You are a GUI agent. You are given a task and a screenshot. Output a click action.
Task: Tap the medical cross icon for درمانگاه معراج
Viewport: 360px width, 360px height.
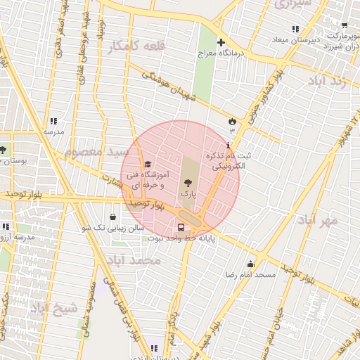[x=221, y=43]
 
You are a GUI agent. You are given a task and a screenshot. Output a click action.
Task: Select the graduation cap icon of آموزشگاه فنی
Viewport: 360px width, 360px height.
[x=147, y=165]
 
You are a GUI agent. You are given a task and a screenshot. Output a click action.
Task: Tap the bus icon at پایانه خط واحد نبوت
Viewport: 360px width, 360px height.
[x=181, y=228]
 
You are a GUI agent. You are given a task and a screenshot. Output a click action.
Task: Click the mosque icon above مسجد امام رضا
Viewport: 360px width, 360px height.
[x=250, y=264]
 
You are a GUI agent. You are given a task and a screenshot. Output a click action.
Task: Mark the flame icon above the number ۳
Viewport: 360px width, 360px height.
[x=231, y=121]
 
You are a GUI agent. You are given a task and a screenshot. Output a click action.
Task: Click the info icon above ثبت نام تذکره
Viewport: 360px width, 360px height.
[x=227, y=145]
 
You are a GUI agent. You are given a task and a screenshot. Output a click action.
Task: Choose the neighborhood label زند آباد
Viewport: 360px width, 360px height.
[x=327, y=80]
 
